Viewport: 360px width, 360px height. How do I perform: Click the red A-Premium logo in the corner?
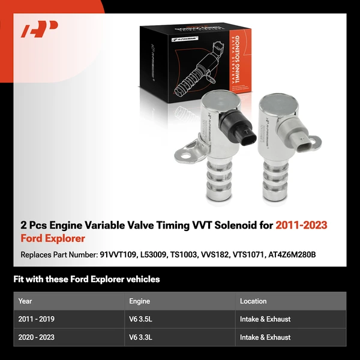pos(40,29)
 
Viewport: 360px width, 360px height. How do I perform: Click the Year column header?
pos(25,301)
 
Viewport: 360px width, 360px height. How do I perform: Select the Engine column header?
pos(139,301)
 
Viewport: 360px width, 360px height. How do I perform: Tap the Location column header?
pos(253,301)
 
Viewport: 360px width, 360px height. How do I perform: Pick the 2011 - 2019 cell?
pos(37,319)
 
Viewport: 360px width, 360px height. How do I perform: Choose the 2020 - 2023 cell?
pos(37,338)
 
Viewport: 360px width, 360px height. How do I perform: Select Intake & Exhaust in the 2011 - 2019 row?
pos(265,319)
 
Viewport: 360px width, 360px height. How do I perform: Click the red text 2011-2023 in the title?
pos(301,226)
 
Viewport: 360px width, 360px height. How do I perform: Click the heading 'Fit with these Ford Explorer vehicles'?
pos(86,279)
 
